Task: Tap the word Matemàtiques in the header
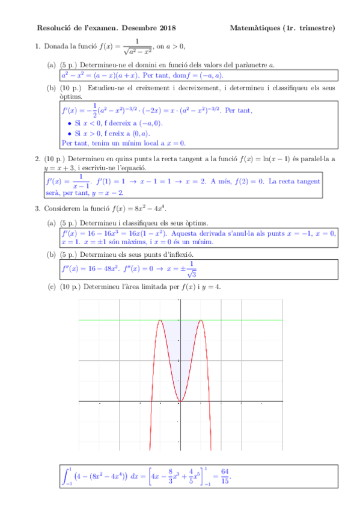point(254,28)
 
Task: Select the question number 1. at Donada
point(38,46)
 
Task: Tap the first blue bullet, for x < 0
point(70,123)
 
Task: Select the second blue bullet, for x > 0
point(70,133)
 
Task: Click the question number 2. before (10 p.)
point(38,159)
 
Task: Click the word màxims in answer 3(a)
point(132,242)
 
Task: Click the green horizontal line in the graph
point(252,321)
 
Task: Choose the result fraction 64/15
point(225,476)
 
